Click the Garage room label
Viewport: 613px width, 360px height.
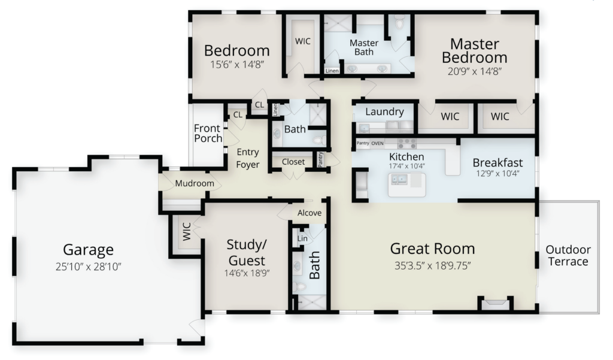point(89,250)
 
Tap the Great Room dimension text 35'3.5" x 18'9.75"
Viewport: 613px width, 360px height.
point(432,266)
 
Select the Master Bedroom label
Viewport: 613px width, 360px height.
point(475,50)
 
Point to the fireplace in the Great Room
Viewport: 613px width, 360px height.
point(495,304)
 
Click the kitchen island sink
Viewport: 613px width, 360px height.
point(399,180)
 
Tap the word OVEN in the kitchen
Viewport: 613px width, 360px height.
point(377,143)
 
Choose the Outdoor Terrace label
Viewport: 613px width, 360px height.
point(568,256)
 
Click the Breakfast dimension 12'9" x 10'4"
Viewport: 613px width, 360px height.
point(497,173)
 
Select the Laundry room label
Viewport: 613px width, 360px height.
point(385,112)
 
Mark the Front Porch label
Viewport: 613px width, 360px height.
point(208,133)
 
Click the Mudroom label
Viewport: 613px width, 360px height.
point(195,183)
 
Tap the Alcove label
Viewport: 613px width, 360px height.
point(309,213)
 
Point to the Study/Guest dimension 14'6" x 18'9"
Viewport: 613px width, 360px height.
point(247,273)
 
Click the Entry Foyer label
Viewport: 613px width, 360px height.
point(248,158)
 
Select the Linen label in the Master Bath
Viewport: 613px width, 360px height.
point(332,71)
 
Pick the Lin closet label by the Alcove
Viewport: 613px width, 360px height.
point(302,238)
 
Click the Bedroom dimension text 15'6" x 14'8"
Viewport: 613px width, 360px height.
point(237,65)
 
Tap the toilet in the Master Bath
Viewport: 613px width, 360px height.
point(399,23)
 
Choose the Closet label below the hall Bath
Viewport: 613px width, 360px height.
point(293,162)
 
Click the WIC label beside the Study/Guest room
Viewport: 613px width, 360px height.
point(187,231)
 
